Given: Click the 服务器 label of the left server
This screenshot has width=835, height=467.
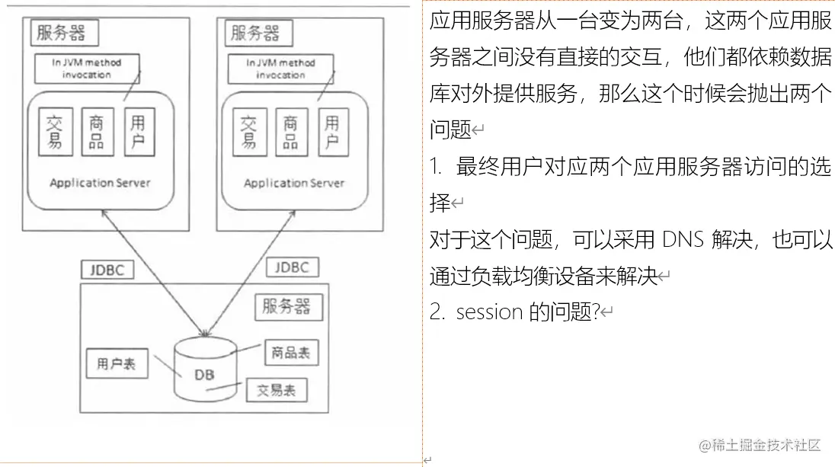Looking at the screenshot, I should pos(61,33).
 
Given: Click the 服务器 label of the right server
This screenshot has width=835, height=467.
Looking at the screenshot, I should pos(255,34).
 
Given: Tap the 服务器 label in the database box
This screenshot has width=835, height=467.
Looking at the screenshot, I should pos(286,306).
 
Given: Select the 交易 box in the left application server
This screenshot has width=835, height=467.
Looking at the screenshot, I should pos(54,131).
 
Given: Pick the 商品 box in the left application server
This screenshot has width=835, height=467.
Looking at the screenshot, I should pos(97,131).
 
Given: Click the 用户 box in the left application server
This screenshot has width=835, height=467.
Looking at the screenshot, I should pos(139,131).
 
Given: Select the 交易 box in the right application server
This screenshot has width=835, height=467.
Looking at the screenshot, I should pos(248,133).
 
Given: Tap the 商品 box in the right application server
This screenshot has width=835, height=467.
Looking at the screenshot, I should pos(290,133).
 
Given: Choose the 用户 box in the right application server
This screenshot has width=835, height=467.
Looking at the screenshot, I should pos(332,133).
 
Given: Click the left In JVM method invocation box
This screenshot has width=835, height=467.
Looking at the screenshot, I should pos(86,69).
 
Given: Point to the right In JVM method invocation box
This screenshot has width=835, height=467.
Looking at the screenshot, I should pos(280,69).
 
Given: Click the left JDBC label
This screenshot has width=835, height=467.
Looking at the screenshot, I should pos(107,269).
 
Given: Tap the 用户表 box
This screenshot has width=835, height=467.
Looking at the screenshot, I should pos(117,363).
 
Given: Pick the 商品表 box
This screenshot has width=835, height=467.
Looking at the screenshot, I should pos(290,352).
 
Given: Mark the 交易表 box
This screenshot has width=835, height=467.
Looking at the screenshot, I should pos(277,390).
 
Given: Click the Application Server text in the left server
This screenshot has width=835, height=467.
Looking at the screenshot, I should pos(100,183).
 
